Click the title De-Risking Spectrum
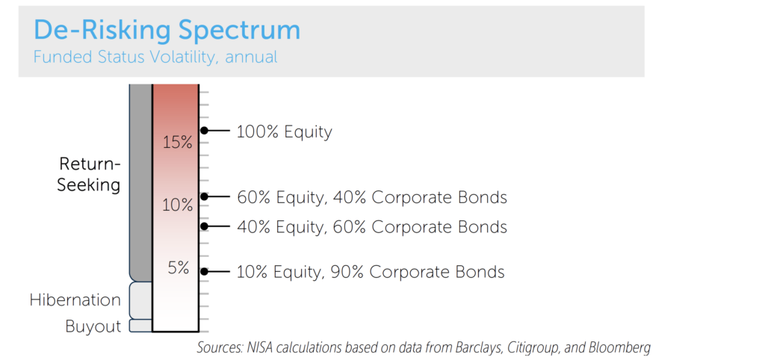coord(167,30)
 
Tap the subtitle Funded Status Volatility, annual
coord(155,57)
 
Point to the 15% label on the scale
coord(177,142)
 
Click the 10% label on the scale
coord(177,204)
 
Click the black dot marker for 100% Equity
coord(203,131)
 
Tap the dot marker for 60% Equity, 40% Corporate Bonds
coord(203,196)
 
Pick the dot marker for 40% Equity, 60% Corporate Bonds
coord(203,226)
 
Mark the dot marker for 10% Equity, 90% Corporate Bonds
coord(203,272)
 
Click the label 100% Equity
coord(284,132)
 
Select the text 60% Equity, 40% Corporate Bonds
coord(371,198)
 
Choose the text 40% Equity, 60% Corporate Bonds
coord(371,226)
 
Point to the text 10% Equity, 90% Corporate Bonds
coord(370,273)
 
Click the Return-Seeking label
coord(89,175)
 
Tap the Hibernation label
coord(75,300)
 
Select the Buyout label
coord(93,326)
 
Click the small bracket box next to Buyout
coord(140,326)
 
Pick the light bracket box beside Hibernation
coord(140,300)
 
